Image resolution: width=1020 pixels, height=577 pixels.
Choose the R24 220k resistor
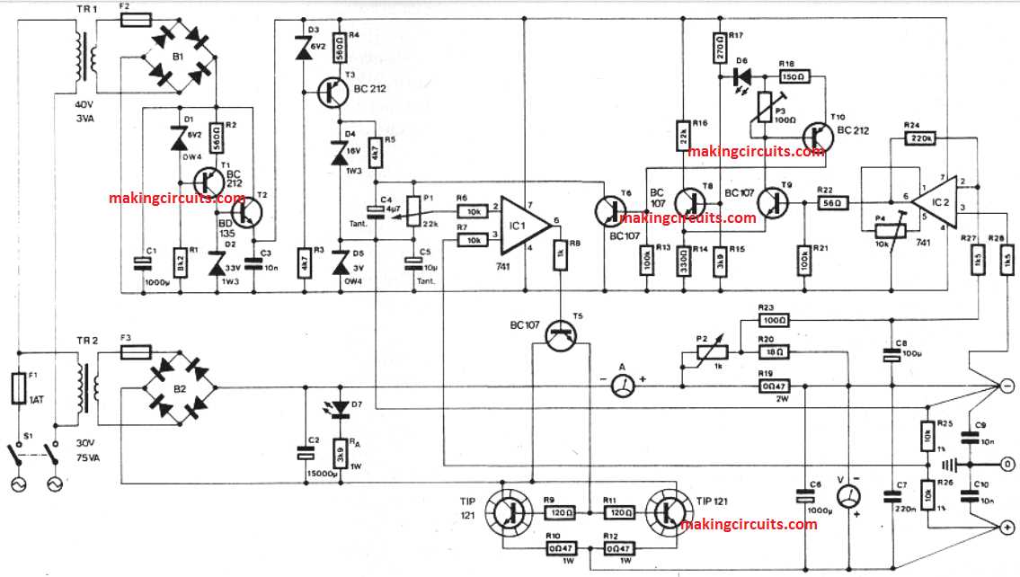click(x=922, y=138)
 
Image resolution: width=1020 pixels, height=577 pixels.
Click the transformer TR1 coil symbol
click(x=80, y=56)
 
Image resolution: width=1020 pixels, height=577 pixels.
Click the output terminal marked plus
click(x=1007, y=528)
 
